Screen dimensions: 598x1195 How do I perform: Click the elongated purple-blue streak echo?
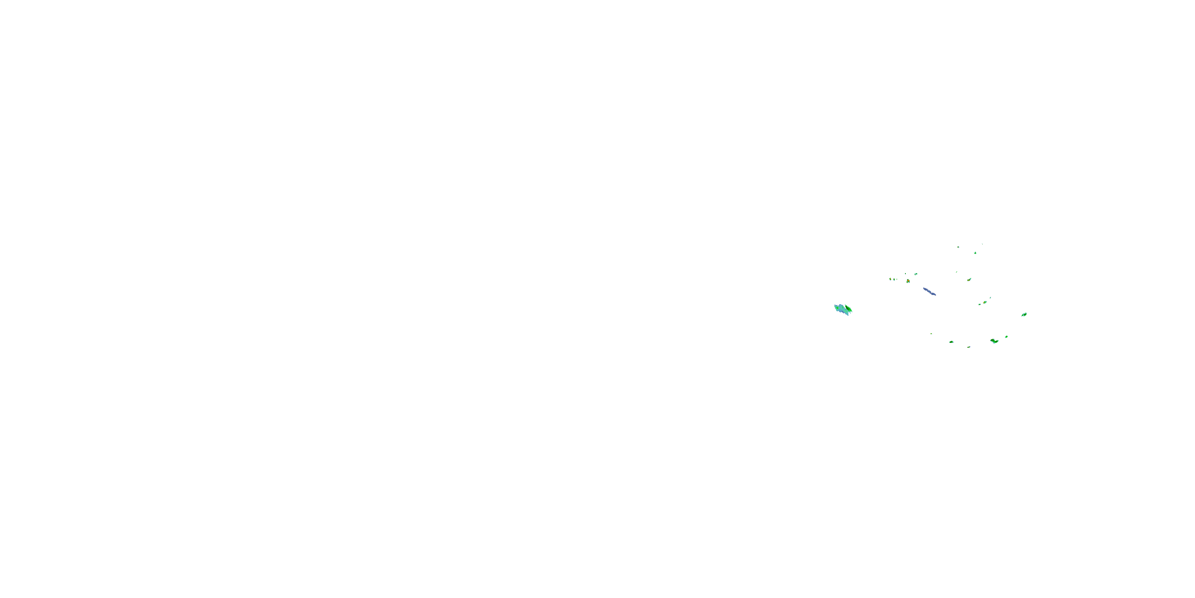929,291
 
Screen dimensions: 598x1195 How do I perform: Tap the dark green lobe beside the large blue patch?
848,308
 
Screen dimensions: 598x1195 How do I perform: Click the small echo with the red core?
908,281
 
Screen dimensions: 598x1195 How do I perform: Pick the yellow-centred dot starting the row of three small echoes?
890,279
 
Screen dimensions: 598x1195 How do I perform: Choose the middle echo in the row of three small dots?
893,279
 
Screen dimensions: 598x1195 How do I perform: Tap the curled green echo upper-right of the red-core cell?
916,274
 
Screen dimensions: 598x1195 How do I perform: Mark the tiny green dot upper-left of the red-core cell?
905,273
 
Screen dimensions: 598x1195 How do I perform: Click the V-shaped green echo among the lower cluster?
994,341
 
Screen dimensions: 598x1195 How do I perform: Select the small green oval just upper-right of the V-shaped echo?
1006,336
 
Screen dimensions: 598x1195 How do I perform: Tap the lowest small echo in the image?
969,347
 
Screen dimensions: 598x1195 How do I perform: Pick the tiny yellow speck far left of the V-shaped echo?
931,333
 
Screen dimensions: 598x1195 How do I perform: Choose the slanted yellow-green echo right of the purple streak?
969,279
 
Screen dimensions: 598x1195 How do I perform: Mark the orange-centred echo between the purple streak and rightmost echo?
984,302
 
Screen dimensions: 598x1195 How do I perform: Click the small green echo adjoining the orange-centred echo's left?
980,304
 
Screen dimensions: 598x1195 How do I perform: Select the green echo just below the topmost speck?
976,253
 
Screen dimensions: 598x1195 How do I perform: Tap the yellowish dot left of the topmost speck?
958,247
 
